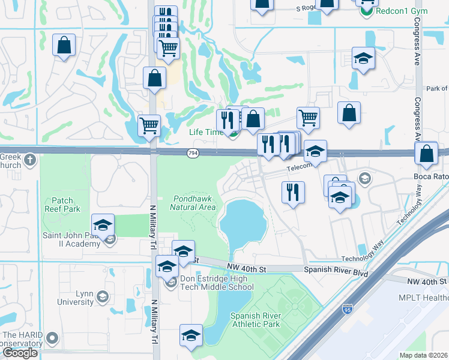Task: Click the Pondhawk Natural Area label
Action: (193, 203)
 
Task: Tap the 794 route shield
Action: (193, 154)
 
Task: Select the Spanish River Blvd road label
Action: (335, 271)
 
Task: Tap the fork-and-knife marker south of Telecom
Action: (292, 192)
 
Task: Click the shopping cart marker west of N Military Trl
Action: (149, 126)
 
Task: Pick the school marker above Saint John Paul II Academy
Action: (103, 224)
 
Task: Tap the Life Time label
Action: (206, 132)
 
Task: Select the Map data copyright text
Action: (423, 355)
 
